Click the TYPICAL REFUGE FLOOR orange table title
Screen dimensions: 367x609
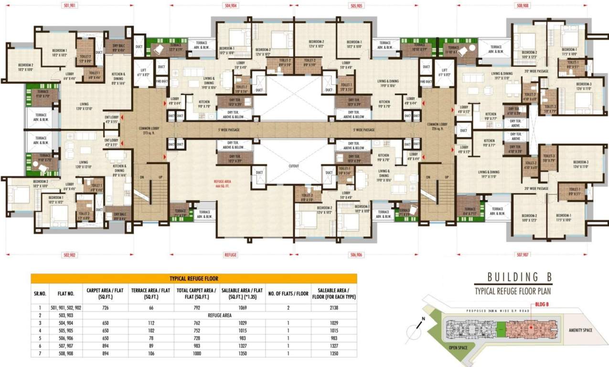pyautogui.click(x=193, y=278)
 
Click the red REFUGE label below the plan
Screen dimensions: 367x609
pyautogui.click(x=231, y=255)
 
